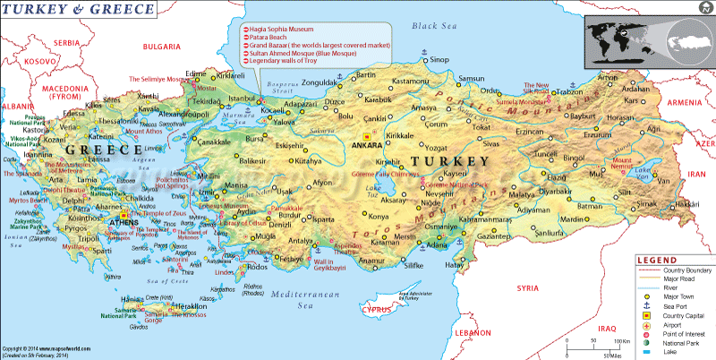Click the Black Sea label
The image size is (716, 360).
pos(433,26)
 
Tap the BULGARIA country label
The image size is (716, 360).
pos(162,45)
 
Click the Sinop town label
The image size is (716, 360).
pos(439,60)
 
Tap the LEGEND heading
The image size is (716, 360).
pos(657,259)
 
